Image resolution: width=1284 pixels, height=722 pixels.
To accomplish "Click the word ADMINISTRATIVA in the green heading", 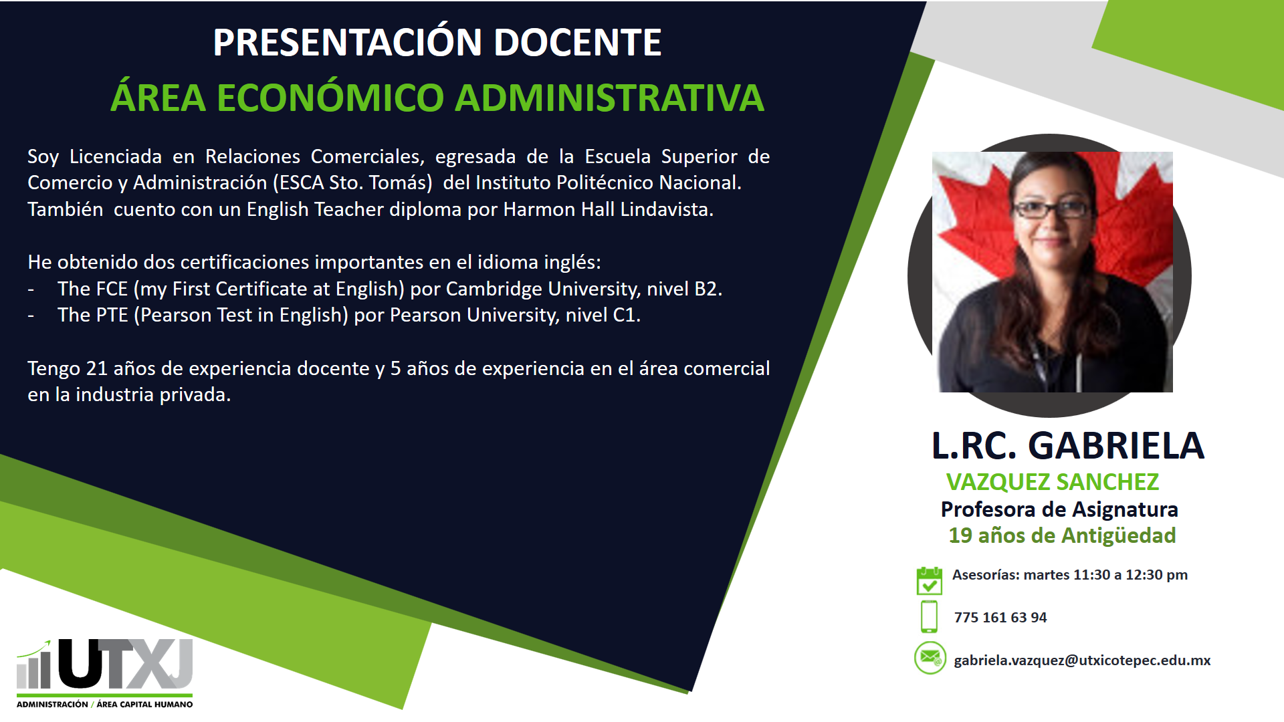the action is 609,98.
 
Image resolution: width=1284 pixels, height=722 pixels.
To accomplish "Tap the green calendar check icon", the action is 929,580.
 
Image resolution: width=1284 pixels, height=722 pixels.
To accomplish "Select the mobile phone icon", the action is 929,616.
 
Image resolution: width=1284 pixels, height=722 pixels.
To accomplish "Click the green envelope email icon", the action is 930,658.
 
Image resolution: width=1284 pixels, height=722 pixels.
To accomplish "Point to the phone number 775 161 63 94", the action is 1000,618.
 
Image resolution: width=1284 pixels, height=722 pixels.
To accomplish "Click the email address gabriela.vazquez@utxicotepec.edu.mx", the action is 1082,660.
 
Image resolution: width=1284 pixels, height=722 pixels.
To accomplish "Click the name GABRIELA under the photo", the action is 1115,446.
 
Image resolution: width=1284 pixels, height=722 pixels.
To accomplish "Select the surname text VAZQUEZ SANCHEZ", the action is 1053,482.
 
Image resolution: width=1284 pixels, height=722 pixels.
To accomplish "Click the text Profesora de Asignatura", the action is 1059,509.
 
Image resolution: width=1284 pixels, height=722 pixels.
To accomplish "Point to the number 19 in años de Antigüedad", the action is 960,535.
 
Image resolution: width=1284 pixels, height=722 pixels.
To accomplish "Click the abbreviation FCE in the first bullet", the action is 112,289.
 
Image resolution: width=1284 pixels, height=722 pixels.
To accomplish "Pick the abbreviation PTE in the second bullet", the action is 112,315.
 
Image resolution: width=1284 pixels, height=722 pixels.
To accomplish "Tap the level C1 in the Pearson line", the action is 623,315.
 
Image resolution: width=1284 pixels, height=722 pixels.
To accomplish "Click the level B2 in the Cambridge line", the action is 706,289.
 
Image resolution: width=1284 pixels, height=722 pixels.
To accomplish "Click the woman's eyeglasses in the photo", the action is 1053,209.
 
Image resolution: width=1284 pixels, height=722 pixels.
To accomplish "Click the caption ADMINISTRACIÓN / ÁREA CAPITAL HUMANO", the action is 105,704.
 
